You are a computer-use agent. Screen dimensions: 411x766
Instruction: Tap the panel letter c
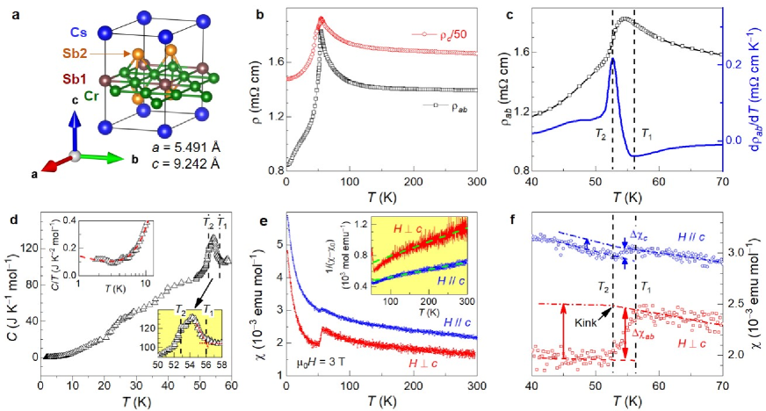click(499, 11)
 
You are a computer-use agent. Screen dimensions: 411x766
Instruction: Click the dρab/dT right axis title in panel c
click(755, 92)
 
